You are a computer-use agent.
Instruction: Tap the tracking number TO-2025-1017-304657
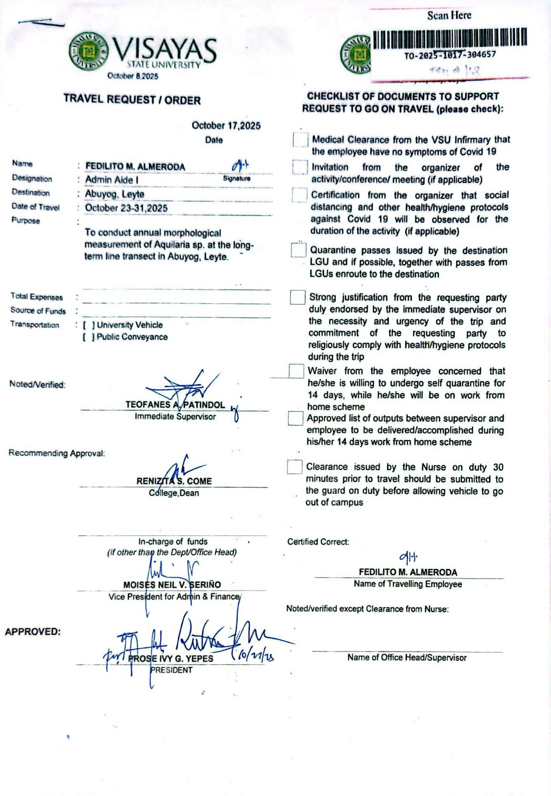(x=450, y=55)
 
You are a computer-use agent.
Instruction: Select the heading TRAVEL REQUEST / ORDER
(x=132, y=99)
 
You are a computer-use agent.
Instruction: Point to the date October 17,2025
(x=226, y=126)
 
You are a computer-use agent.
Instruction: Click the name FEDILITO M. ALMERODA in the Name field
(x=135, y=167)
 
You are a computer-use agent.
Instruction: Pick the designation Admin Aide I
(x=112, y=180)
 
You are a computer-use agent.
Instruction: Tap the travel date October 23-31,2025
(x=126, y=208)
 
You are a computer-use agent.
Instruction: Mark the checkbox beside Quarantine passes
(x=298, y=250)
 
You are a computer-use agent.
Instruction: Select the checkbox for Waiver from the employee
(x=296, y=371)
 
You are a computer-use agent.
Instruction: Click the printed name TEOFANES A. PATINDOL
(x=175, y=405)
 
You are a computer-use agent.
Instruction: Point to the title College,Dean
(x=174, y=493)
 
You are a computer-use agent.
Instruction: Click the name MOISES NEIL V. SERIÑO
(x=172, y=585)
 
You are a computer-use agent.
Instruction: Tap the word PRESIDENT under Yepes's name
(x=171, y=670)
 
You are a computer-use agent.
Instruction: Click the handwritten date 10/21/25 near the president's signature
(x=254, y=655)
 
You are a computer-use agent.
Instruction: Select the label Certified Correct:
(x=318, y=542)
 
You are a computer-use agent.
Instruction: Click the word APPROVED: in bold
(x=33, y=632)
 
